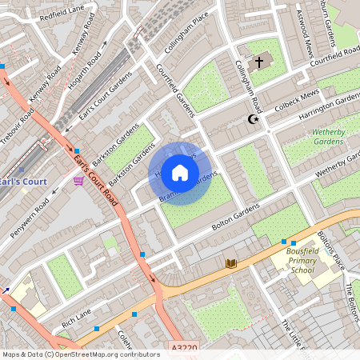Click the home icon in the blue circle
(x=180, y=173)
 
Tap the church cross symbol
(x=258, y=62)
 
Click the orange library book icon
(x=231, y=262)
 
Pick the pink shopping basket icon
(x=78, y=182)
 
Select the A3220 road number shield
(x=182, y=350)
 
